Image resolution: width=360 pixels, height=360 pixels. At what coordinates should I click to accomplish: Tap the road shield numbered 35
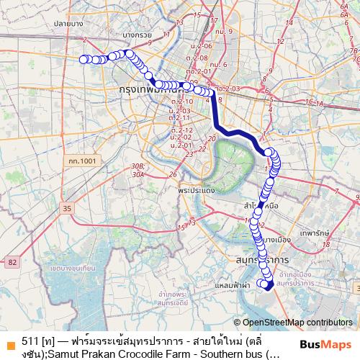pyautogui.click(x=67, y=208)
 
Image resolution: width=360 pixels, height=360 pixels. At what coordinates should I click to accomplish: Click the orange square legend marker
pyautogui.click(x=9, y=341)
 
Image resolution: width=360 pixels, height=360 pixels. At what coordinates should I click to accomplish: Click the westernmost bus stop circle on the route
pyautogui.click(x=83, y=60)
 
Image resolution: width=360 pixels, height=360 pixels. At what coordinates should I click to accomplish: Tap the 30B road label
pyautogui.click(x=138, y=166)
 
